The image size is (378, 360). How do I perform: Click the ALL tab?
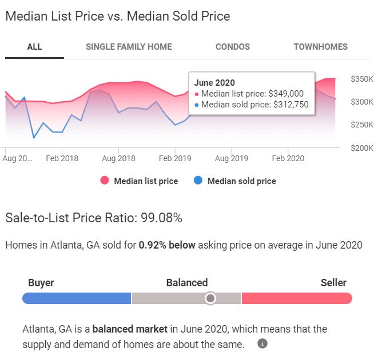pyautogui.click(x=34, y=47)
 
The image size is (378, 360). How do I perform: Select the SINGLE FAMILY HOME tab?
pyautogui.click(x=129, y=47)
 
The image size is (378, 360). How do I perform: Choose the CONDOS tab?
pyautogui.click(x=232, y=47)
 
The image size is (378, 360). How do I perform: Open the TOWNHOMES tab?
pyautogui.click(x=320, y=47)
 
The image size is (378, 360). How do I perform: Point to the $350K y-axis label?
pyautogui.click(x=361, y=79)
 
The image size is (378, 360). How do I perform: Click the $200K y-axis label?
pyautogui.click(x=361, y=148)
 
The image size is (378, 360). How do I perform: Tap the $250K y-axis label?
pyautogui.click(x=361, y=125)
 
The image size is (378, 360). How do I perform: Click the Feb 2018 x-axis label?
pyautogui.click(x=62, y=158)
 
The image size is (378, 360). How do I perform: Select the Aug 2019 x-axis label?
pyautogui.click(x=231, y=158)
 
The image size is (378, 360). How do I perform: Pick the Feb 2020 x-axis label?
pyautogui.click(x=288, y=158)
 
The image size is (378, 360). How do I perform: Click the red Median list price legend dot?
pyautogui.click(x=105, y=181)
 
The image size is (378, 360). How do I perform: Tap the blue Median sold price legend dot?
pyautogui.click(x=198, y=181)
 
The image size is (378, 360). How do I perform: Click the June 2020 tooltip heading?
pyautogui.click(x=214, y=83)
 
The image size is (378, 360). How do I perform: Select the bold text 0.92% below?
pyautogui.click(x=167, y=245)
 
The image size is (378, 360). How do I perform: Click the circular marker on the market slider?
pyautogui.click(x=210, y=298)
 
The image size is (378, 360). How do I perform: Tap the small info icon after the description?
pyautogui.click(x=262, y=344)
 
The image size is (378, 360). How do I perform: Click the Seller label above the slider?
pyautogui.click(x=333, y=283)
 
